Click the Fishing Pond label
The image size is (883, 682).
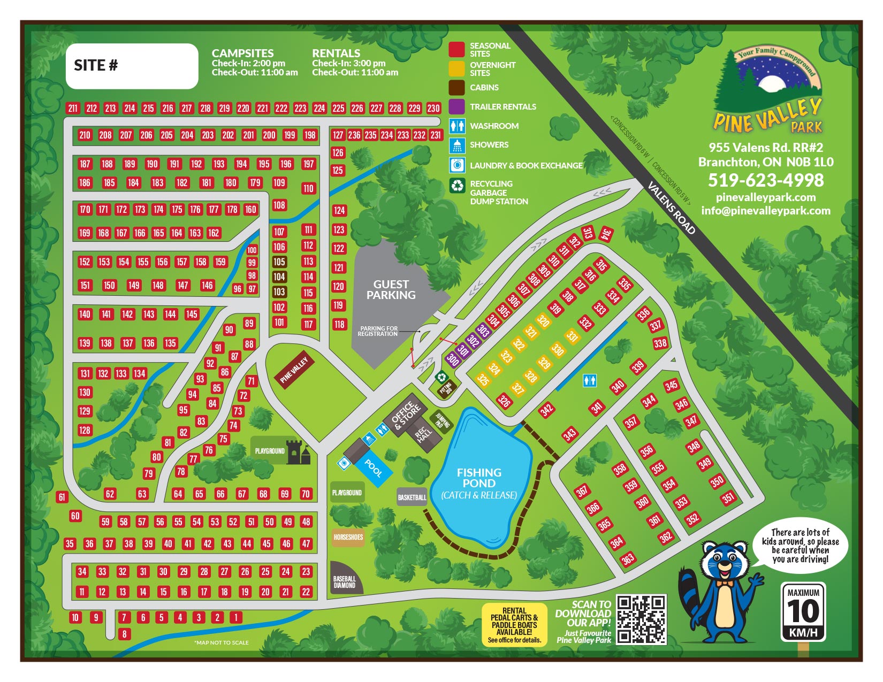[x=479, y=478]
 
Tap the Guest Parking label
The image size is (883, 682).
[x=391, y=289]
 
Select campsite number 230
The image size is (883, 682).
[x=433, y=108]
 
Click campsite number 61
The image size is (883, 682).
[x=62, y=497]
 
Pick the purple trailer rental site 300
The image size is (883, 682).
[x=453, y=359]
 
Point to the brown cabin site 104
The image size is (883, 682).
[x=279, y=277]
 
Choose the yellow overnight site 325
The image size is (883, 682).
[x=483, y=379]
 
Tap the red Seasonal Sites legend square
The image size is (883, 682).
[x=456, y=50]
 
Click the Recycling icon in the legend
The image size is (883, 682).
[x=457, y=186]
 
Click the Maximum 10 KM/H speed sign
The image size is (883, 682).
[x=803, y=611]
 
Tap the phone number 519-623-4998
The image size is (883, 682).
[x=766, y=180]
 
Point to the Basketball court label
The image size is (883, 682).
[x=412, y=497]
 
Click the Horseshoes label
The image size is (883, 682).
[x=348, y=537]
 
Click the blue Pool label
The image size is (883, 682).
[x=374, y=468]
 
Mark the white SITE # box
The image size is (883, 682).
[x=132, y=66]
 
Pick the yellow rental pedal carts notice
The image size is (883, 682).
[x=514, y=625]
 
